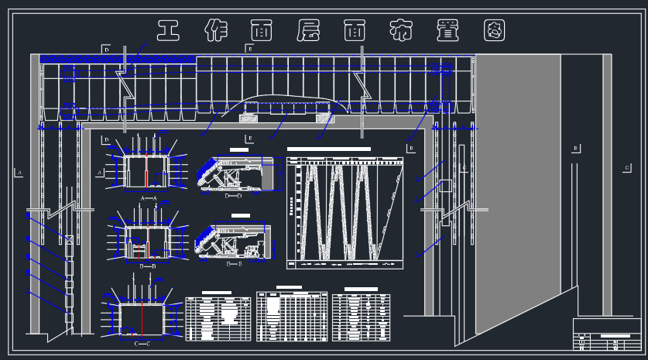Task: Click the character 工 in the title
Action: point(169,31)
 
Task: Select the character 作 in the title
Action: point(216,31)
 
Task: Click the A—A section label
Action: point(149,197)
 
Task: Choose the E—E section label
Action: point(234,263)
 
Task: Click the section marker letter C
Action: point(626,167)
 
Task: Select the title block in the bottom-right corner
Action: point(607,334)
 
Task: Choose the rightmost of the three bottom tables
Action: point(361,317)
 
